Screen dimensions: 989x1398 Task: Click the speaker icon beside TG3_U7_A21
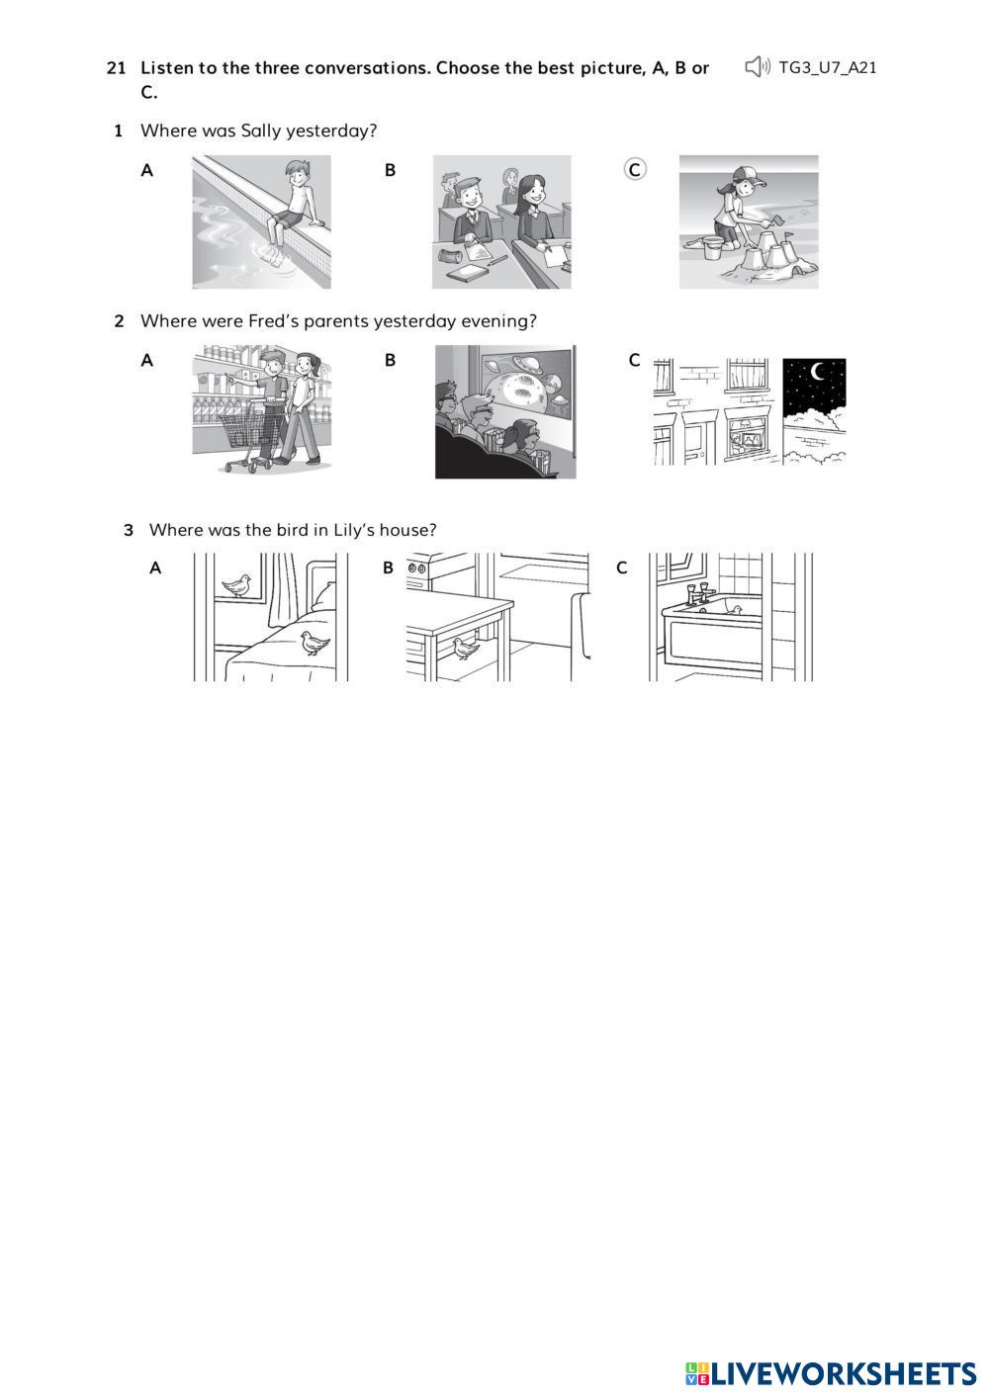tap(758, 67)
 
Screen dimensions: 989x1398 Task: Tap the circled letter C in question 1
tap(635, 169)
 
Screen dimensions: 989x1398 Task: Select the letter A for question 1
tap(146, 170)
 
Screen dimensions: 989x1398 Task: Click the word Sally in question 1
tap(260, 131)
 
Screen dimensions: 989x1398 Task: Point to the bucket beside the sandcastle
tap(712, 248)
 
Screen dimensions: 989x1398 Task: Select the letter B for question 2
tap(391, 360)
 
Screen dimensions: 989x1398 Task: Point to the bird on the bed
tap(315, 643)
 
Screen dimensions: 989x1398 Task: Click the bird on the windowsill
tap(236, 585)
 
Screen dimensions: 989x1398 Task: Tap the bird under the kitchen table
tap(466, 649)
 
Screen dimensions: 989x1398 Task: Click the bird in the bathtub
tap(736, 610)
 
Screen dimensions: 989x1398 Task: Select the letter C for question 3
tap(621, 568)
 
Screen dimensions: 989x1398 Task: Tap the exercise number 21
tap(116, 67)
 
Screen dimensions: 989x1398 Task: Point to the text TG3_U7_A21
tap(827, 67)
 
